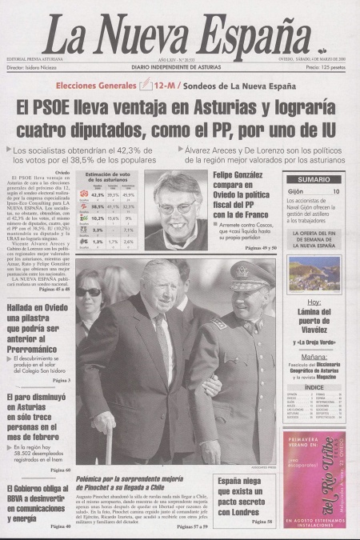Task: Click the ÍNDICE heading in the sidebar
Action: pos(314,386)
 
